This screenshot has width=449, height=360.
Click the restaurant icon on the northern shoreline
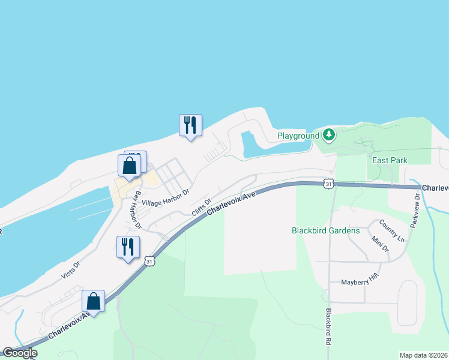[190, 125]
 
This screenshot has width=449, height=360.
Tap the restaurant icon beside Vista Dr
[128, 247]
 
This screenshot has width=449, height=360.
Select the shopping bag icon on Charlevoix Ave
[93, 301]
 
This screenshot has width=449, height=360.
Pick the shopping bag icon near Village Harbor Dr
[129, 165]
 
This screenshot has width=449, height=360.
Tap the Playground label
[298, 136]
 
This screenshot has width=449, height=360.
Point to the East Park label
[390, 160]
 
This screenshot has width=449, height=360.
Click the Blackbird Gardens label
[325, 230]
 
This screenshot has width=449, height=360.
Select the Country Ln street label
[392, 231]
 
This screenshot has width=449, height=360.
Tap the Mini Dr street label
[380, 244]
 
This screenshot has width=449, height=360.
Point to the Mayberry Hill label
[361, 282]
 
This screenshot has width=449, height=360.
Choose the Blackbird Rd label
[329, 326]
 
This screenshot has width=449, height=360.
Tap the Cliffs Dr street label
[202, 208]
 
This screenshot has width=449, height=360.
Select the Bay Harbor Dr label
[137, 210]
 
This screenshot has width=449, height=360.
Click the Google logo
[20, 353]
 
